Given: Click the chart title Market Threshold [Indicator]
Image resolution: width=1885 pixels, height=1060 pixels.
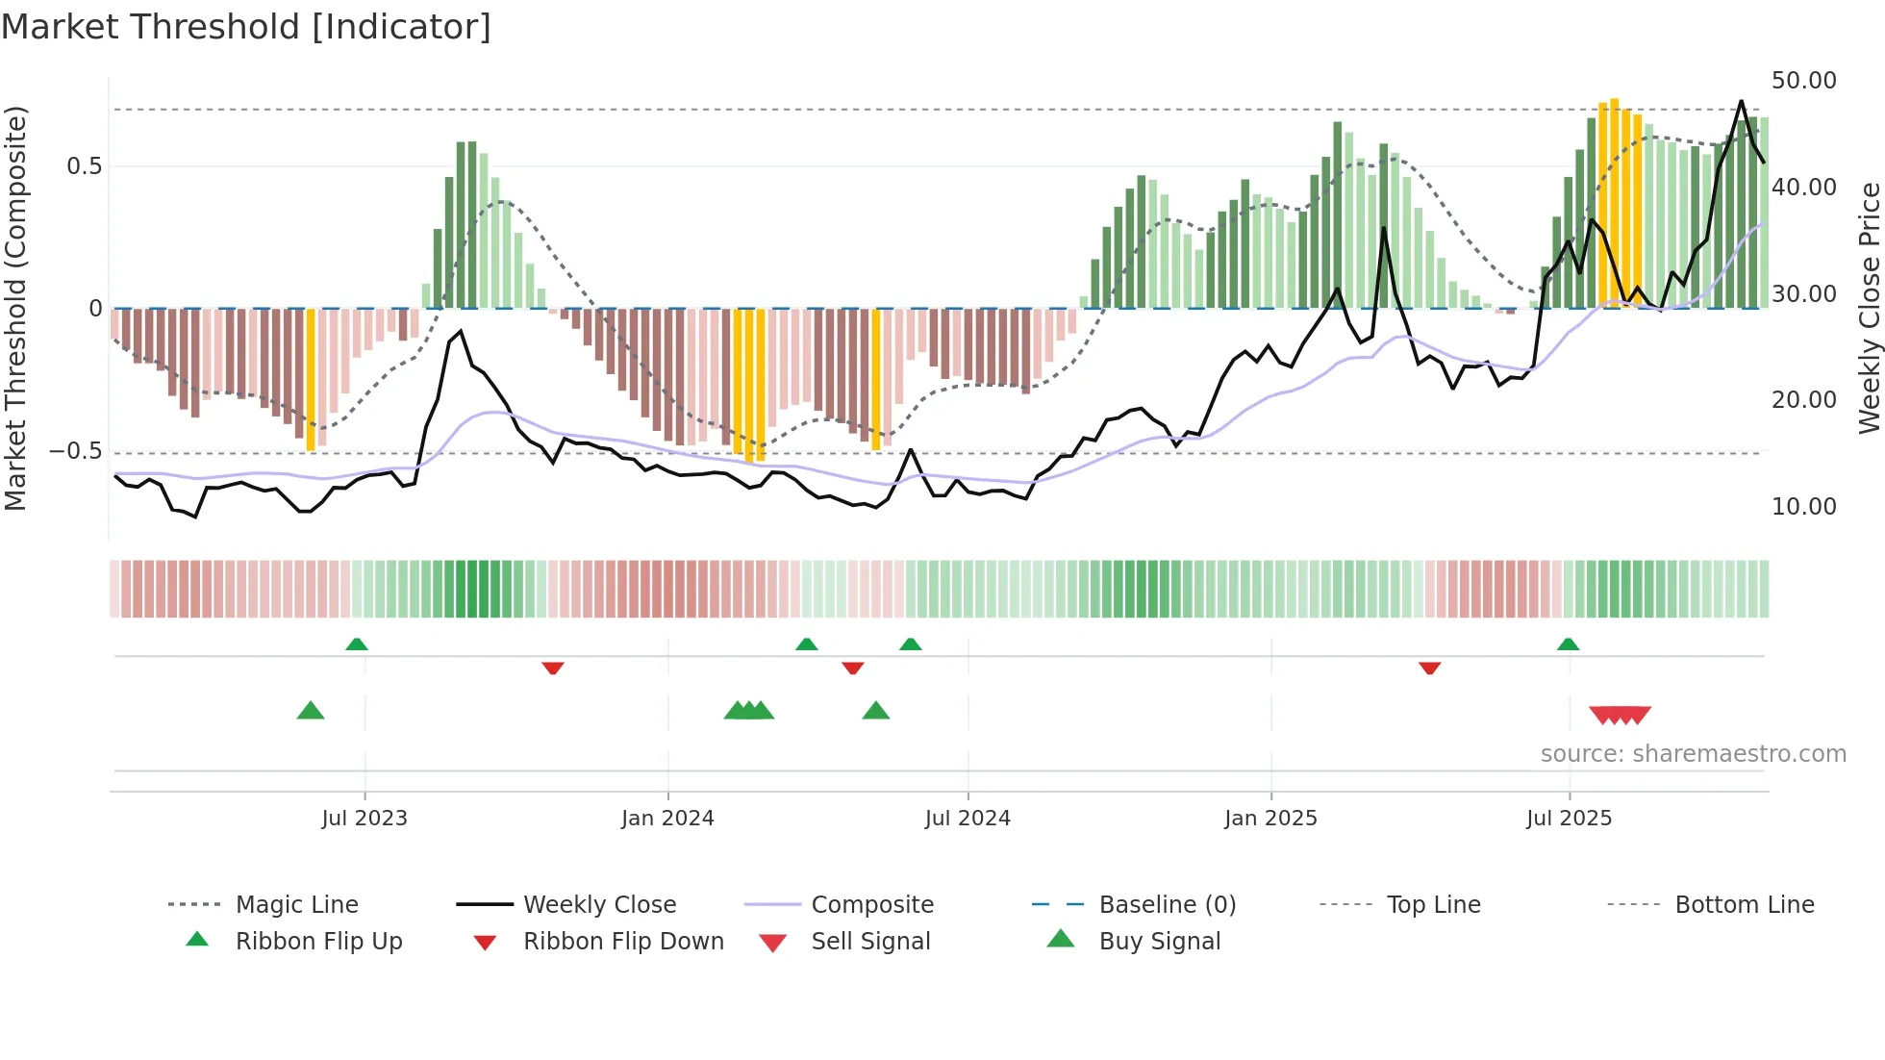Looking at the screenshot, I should pos(246,27).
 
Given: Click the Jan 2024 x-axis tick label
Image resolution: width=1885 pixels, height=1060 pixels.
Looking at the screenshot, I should pos(667,818).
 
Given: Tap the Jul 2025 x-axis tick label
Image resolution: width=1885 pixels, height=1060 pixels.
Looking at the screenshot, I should pos(1569,818).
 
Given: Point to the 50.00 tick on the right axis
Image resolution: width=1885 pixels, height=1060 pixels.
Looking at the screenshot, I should pos(1803,81).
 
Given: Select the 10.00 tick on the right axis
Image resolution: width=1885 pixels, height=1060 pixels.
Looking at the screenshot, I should pos(1803,506).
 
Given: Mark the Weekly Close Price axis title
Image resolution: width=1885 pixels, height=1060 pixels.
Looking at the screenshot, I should pos(1869,308).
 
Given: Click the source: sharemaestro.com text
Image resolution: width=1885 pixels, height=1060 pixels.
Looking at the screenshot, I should pos(1693,753).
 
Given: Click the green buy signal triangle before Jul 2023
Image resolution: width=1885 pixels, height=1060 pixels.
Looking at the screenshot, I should pos(311,711).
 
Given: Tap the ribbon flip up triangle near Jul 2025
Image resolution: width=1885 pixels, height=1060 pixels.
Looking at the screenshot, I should pos(1569,644).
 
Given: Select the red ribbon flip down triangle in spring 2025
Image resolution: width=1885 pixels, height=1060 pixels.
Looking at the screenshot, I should pos(1429,668).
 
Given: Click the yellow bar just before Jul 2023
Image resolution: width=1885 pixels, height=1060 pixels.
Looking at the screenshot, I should pos(311,380).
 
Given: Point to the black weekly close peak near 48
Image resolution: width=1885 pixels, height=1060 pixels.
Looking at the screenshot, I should pos(1741,102).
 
